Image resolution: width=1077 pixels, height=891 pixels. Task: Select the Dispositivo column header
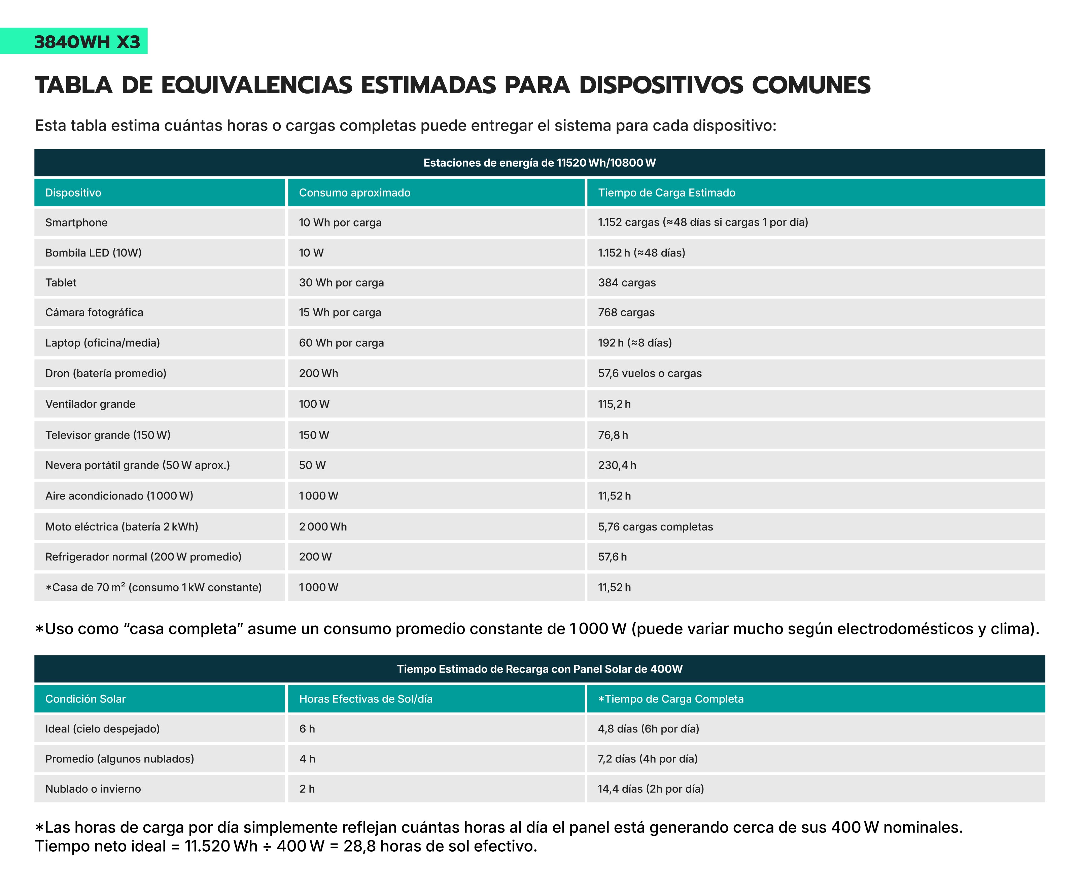pos(73,193)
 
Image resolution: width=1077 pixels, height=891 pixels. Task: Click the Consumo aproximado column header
pos(354,193)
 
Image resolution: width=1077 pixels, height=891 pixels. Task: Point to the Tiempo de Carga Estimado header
pos(666,193)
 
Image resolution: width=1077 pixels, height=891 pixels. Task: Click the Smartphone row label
pos(76,222)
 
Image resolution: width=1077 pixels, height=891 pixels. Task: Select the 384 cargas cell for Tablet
pos(627,283)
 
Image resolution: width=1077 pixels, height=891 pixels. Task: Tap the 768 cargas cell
pos(626,312)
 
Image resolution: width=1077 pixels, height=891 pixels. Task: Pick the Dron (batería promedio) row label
pos(106,373)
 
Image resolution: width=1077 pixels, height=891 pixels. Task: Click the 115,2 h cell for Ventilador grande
pos(614,404)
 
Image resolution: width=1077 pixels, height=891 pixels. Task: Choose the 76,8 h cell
pos(613,435)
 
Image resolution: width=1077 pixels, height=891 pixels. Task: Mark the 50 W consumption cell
pos(312,465)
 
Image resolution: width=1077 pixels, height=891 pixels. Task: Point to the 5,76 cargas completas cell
pos(655,527)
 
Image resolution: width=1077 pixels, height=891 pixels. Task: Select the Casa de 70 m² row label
pos(154,587)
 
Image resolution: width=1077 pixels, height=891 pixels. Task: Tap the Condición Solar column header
pos(85,699)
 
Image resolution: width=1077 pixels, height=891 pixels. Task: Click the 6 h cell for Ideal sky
pos(307,729)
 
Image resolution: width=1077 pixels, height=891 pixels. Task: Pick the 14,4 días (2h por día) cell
pos(650,789)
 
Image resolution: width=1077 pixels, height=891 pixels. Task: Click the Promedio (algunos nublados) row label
pos(119,759)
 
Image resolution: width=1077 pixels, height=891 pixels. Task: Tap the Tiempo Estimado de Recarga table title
pos(540,669)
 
